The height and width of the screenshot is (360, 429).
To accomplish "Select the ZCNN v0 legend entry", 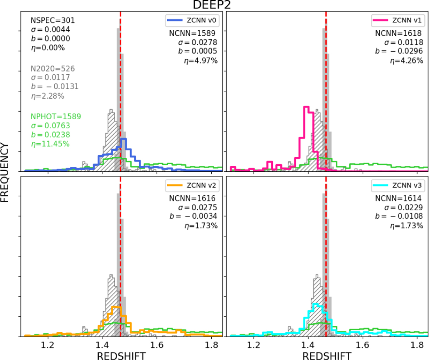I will pos(193,21).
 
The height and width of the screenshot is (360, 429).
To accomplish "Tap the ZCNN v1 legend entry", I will pos(399,21).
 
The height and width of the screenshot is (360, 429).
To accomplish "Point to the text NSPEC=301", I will pos(45,21).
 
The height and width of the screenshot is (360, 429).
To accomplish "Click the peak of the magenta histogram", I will pos(306,107).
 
